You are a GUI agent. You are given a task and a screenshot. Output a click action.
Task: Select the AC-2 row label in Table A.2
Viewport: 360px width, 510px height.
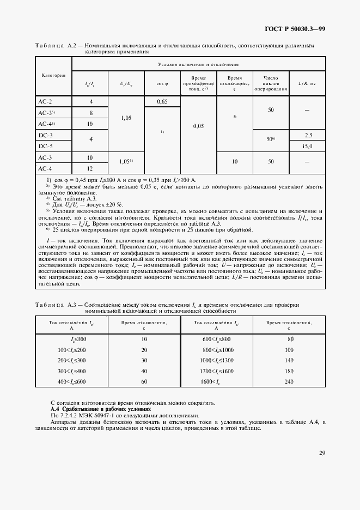click(x=45, y=102)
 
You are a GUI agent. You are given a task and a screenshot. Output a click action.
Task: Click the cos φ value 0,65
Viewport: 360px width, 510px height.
click(x=162, y=102)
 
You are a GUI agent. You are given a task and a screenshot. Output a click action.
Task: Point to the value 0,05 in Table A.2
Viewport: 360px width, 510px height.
click(x=198, y=126)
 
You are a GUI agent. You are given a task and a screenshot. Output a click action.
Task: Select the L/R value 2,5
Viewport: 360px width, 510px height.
click(x=309, y=135)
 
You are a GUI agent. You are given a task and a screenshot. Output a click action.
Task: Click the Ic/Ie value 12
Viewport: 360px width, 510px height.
click(x=91, y=168)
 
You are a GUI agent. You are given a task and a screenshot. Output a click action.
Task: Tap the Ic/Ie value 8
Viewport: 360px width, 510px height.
click(x=91, y=113)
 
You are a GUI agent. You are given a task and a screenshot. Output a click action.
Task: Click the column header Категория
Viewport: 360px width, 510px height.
click(x=53, y=75)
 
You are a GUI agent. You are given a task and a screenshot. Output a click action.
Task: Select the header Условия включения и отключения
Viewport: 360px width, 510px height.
click(x=198, y=64)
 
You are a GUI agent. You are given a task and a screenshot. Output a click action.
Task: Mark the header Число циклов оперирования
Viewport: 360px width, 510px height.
click(x=271, y=83)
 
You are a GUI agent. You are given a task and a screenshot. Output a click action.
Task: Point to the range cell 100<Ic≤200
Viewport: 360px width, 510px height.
click(x=72, y=350)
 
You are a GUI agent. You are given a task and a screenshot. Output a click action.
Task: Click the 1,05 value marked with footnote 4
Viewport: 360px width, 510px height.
click(x=127, y=162)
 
